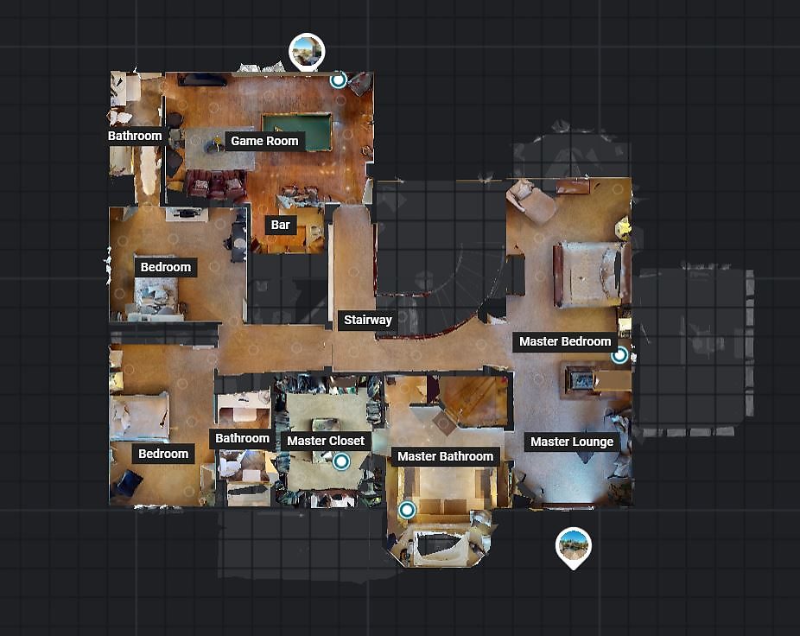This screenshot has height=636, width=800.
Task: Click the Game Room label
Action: (264, 141)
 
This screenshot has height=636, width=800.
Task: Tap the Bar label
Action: (280, 225)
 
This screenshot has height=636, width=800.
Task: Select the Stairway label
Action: (368, 320)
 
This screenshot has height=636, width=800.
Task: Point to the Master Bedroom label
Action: (565, 341)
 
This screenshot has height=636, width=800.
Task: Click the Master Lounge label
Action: (572, 442)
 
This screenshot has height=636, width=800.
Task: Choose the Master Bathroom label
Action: (445, 456)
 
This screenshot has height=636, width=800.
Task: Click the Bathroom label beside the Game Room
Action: (135, 136)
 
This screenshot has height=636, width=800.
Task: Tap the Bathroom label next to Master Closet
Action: (242, 438)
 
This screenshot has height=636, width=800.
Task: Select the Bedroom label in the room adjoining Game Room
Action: (165, 267)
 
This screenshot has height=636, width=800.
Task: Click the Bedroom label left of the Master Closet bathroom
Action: (163, 454)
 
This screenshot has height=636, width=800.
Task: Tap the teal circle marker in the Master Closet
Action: (341, 461)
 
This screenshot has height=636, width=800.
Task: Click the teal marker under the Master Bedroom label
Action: (619, 355)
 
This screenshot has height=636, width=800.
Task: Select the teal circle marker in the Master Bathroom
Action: (407, 510)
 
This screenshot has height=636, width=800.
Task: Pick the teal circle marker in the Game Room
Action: (338, 80)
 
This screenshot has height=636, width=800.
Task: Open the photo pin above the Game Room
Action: (307, 51)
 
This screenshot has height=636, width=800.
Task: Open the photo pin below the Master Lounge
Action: (574, 546)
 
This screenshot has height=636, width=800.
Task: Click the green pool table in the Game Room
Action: (297, 130)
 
